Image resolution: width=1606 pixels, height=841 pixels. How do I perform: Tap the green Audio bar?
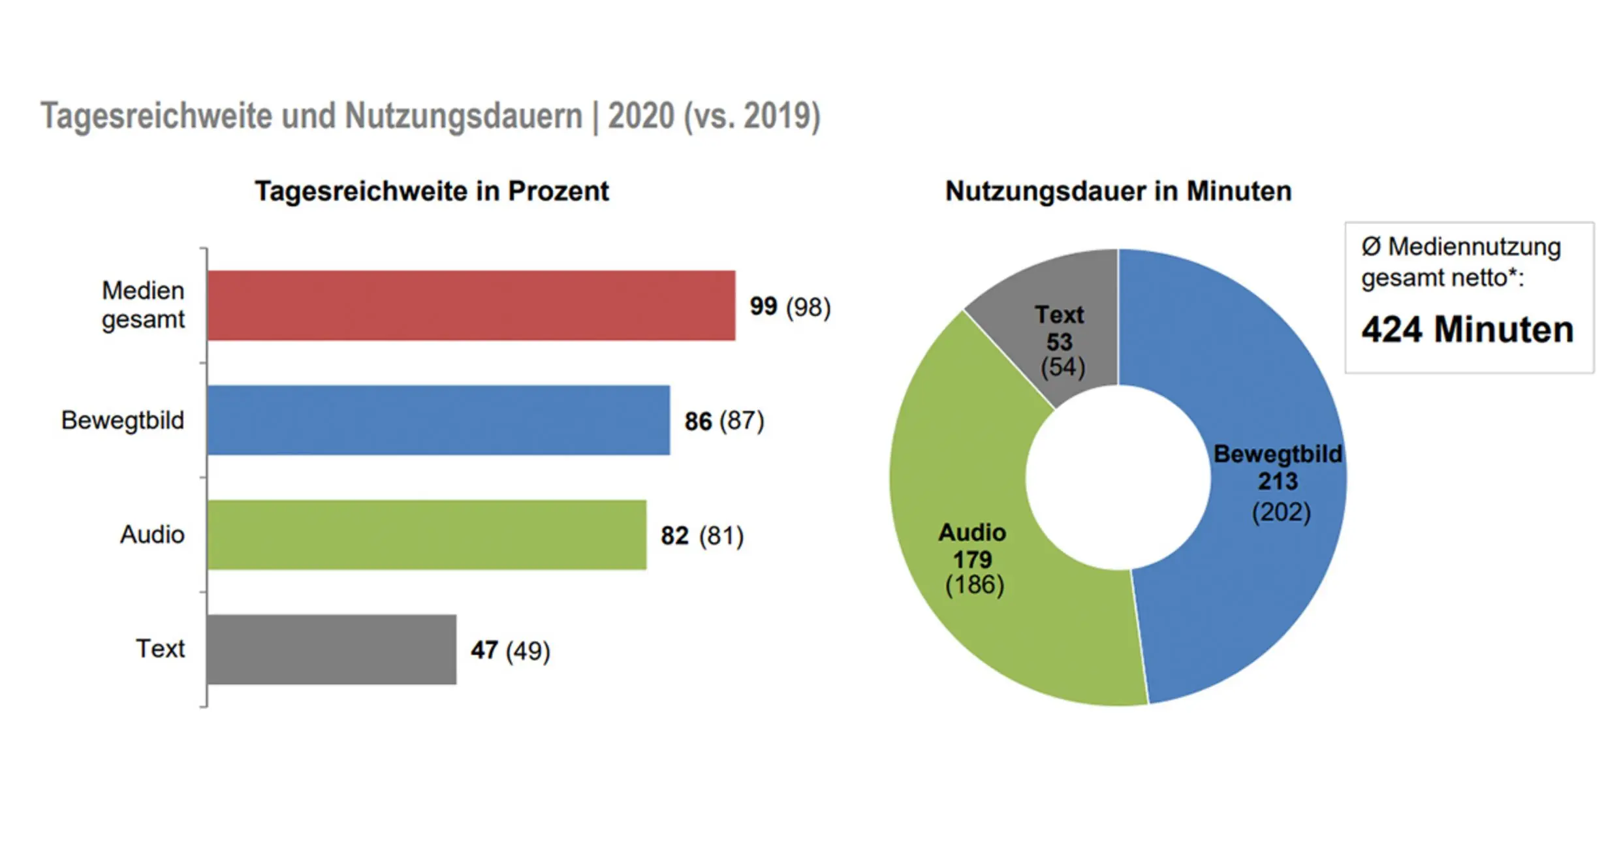427,535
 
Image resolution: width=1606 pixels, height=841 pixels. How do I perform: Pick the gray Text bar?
332,649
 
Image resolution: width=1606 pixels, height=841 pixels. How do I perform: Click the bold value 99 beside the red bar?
763,306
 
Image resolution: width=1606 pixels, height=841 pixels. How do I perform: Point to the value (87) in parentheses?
742,420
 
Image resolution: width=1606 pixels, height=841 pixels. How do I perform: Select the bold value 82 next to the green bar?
674,535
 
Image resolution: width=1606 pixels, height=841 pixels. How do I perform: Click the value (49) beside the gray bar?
528,650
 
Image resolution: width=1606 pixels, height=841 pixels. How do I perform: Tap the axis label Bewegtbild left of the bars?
123,420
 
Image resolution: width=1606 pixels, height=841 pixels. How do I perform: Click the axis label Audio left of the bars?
152,534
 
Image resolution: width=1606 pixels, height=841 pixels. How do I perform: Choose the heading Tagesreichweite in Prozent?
432,191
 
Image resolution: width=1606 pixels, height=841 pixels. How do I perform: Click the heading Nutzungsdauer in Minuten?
1118,191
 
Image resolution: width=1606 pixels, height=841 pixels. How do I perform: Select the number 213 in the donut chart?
1278,481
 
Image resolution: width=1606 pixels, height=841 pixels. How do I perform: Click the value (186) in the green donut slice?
975,584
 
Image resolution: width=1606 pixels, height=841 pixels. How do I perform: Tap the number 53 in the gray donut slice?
1060,341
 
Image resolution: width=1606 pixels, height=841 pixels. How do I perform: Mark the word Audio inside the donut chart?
972,532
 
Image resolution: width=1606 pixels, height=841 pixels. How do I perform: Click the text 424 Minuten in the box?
1467,329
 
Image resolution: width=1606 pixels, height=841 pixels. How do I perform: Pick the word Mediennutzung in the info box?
1474,247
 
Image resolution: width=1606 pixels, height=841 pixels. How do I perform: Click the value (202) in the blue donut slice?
1281,512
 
